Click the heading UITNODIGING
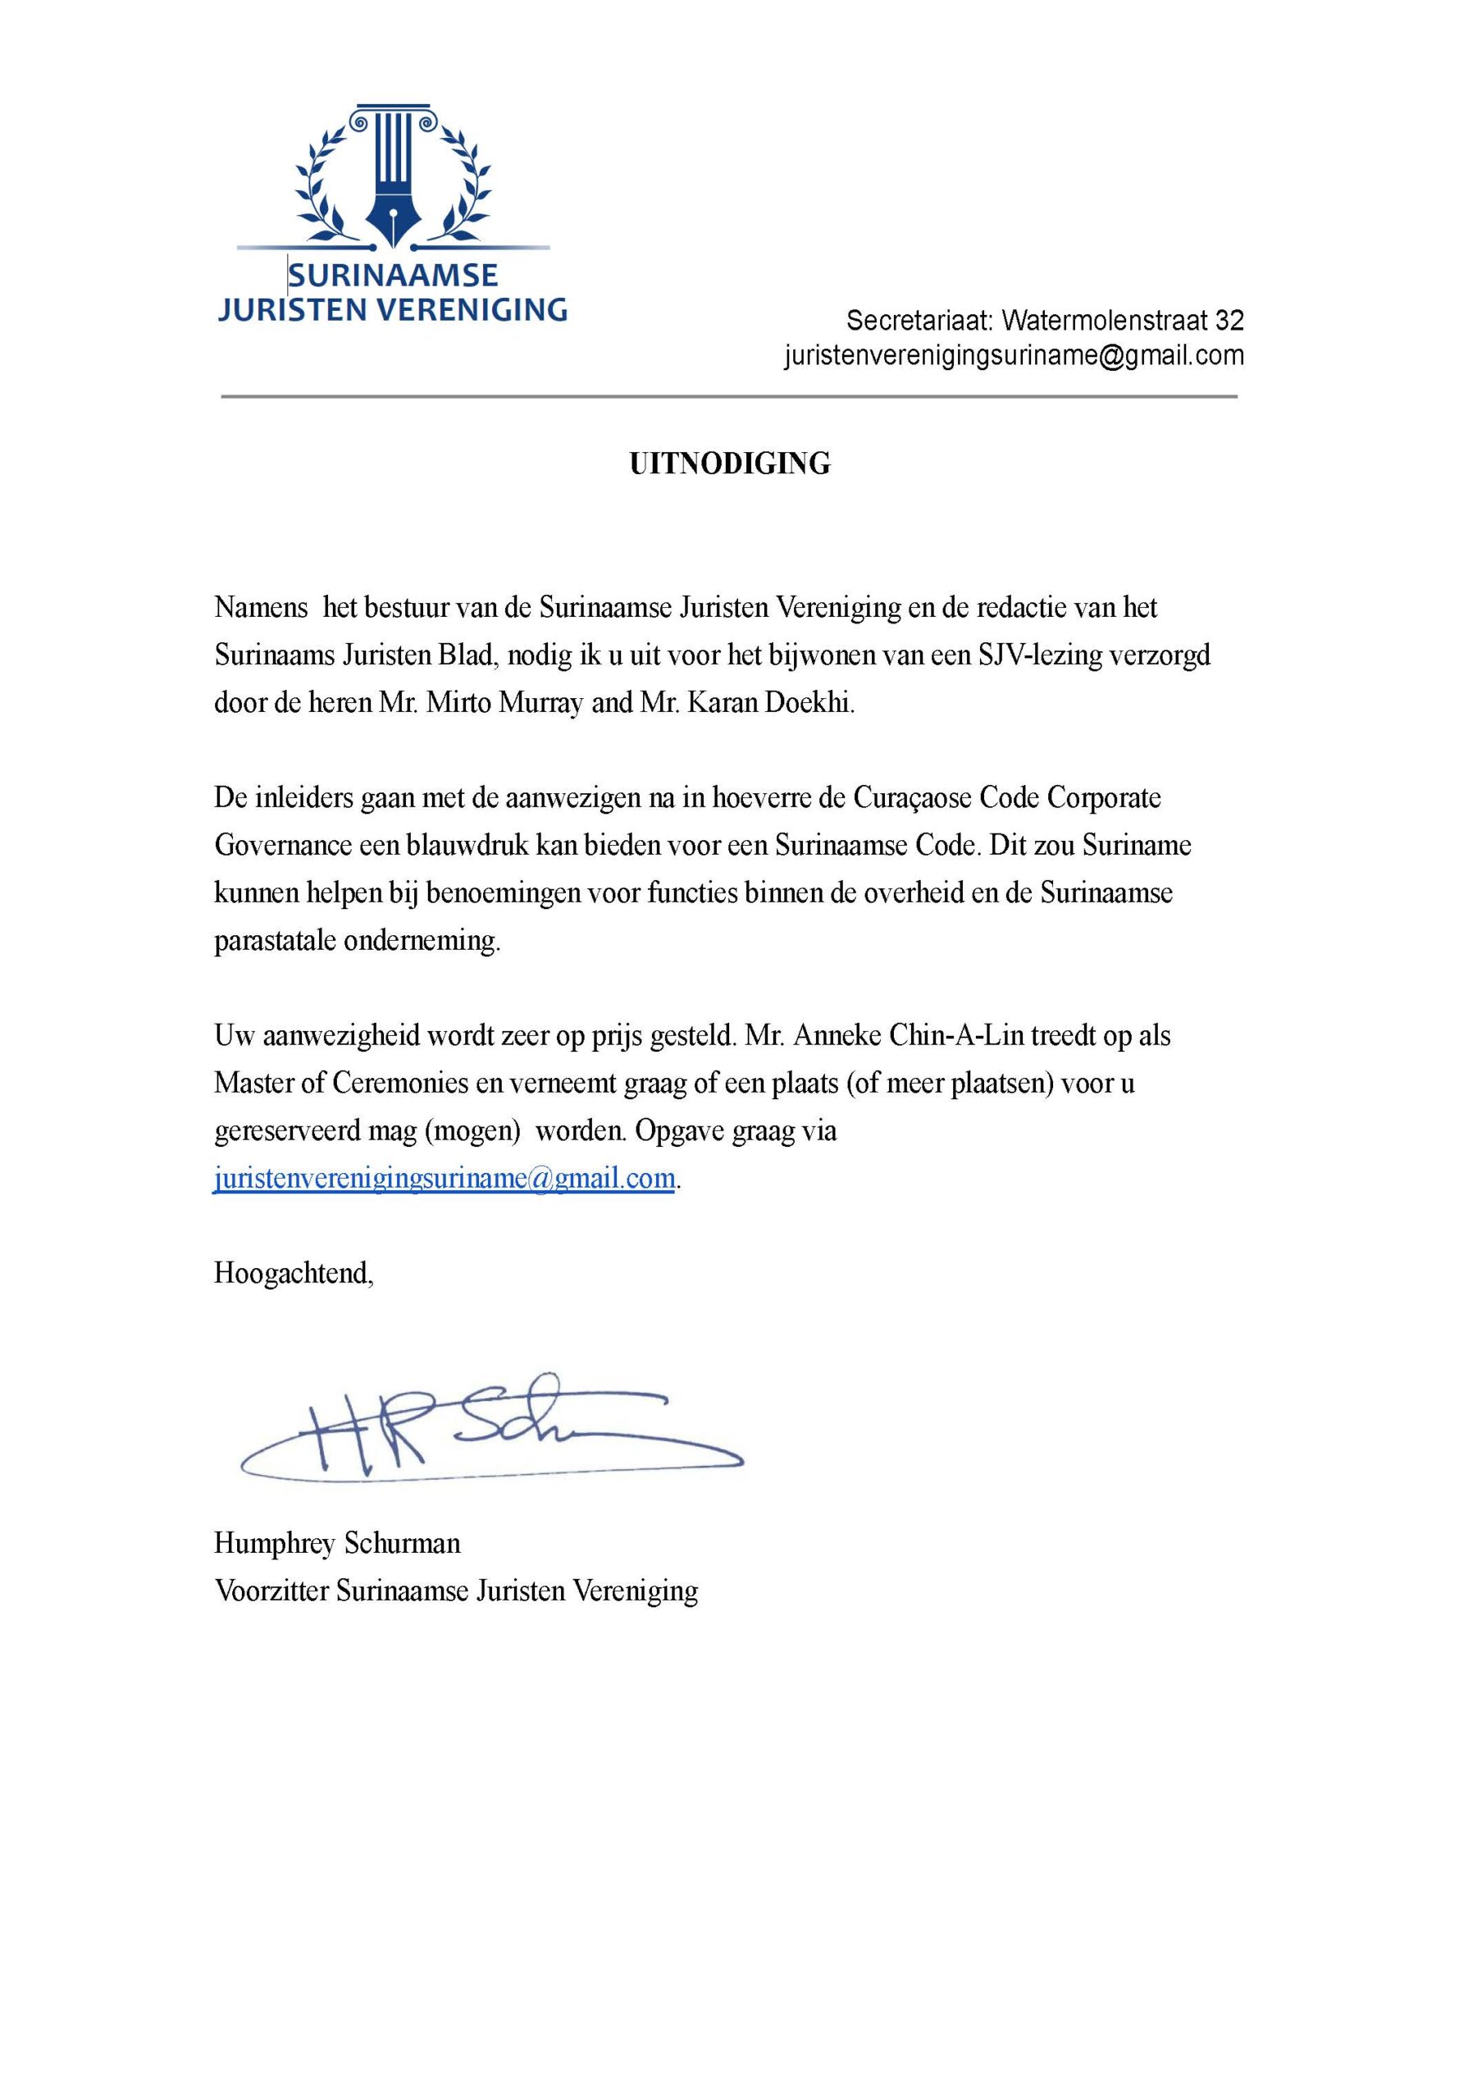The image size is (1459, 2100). coord(730,464)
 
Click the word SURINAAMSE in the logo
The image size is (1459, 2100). coord(393,275)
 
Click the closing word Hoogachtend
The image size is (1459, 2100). coord(294,1273)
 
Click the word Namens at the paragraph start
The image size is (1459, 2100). coord(261,608)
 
